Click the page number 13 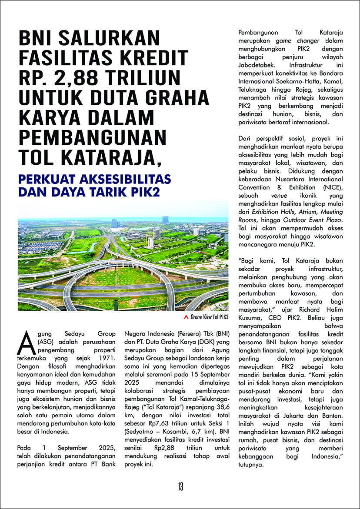[180, 486]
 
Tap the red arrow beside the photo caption [187, 317]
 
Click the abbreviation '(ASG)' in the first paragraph [44, 343]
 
